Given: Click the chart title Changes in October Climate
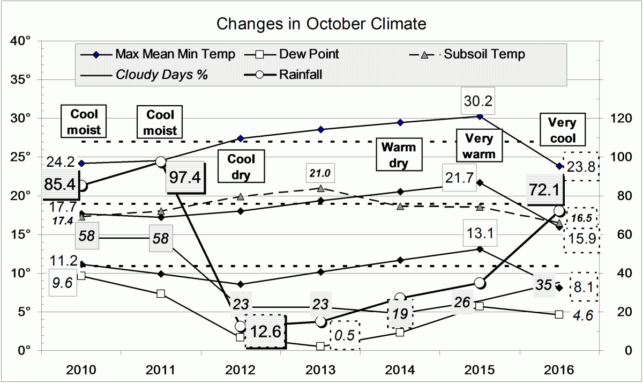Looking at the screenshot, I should pos(322,24).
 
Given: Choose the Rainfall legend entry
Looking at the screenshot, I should pos(300,75).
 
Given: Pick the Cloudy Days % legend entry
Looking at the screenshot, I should pos(161,75).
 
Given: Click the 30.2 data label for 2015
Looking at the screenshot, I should pos(480,101).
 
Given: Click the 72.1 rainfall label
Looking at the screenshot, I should pos(545,189).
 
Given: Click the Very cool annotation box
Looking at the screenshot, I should pos(562,130).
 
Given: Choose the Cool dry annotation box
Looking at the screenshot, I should pos(242,167).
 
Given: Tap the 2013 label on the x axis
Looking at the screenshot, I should pos(320,370).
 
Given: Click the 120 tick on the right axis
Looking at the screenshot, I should pos(616,118).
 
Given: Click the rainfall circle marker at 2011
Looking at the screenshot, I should pos(161,161).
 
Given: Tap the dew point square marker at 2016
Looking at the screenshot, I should pos(559,314).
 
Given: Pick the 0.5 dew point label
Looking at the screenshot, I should pos(344,335).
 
